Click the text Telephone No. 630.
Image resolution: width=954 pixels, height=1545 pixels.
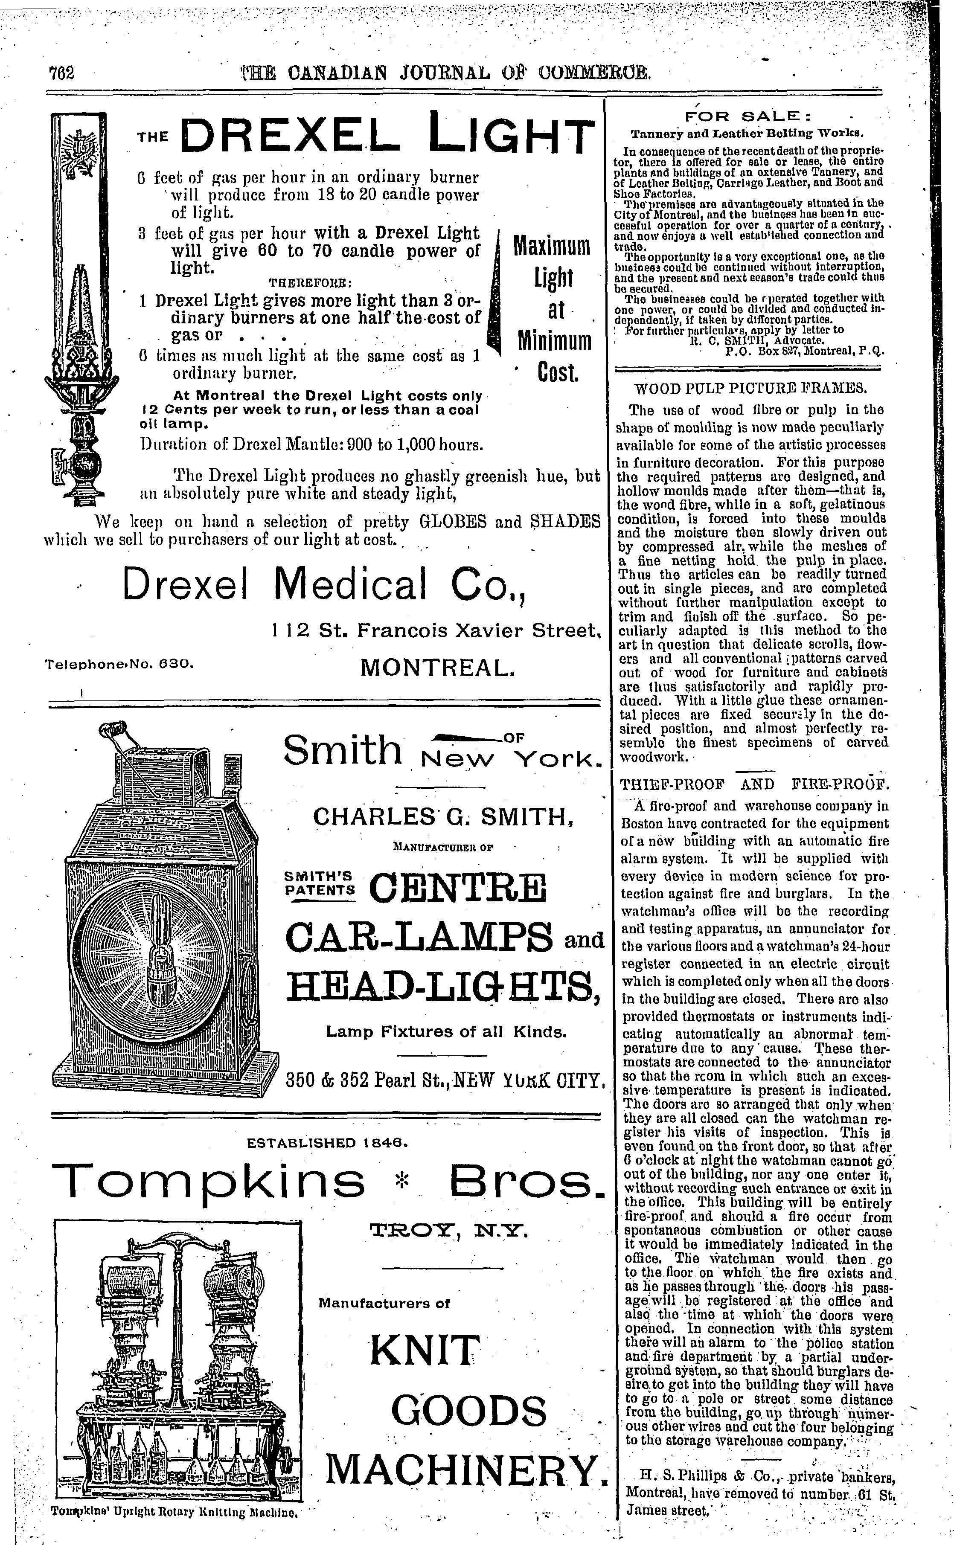pyautogui.click(x=118, y=663)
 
